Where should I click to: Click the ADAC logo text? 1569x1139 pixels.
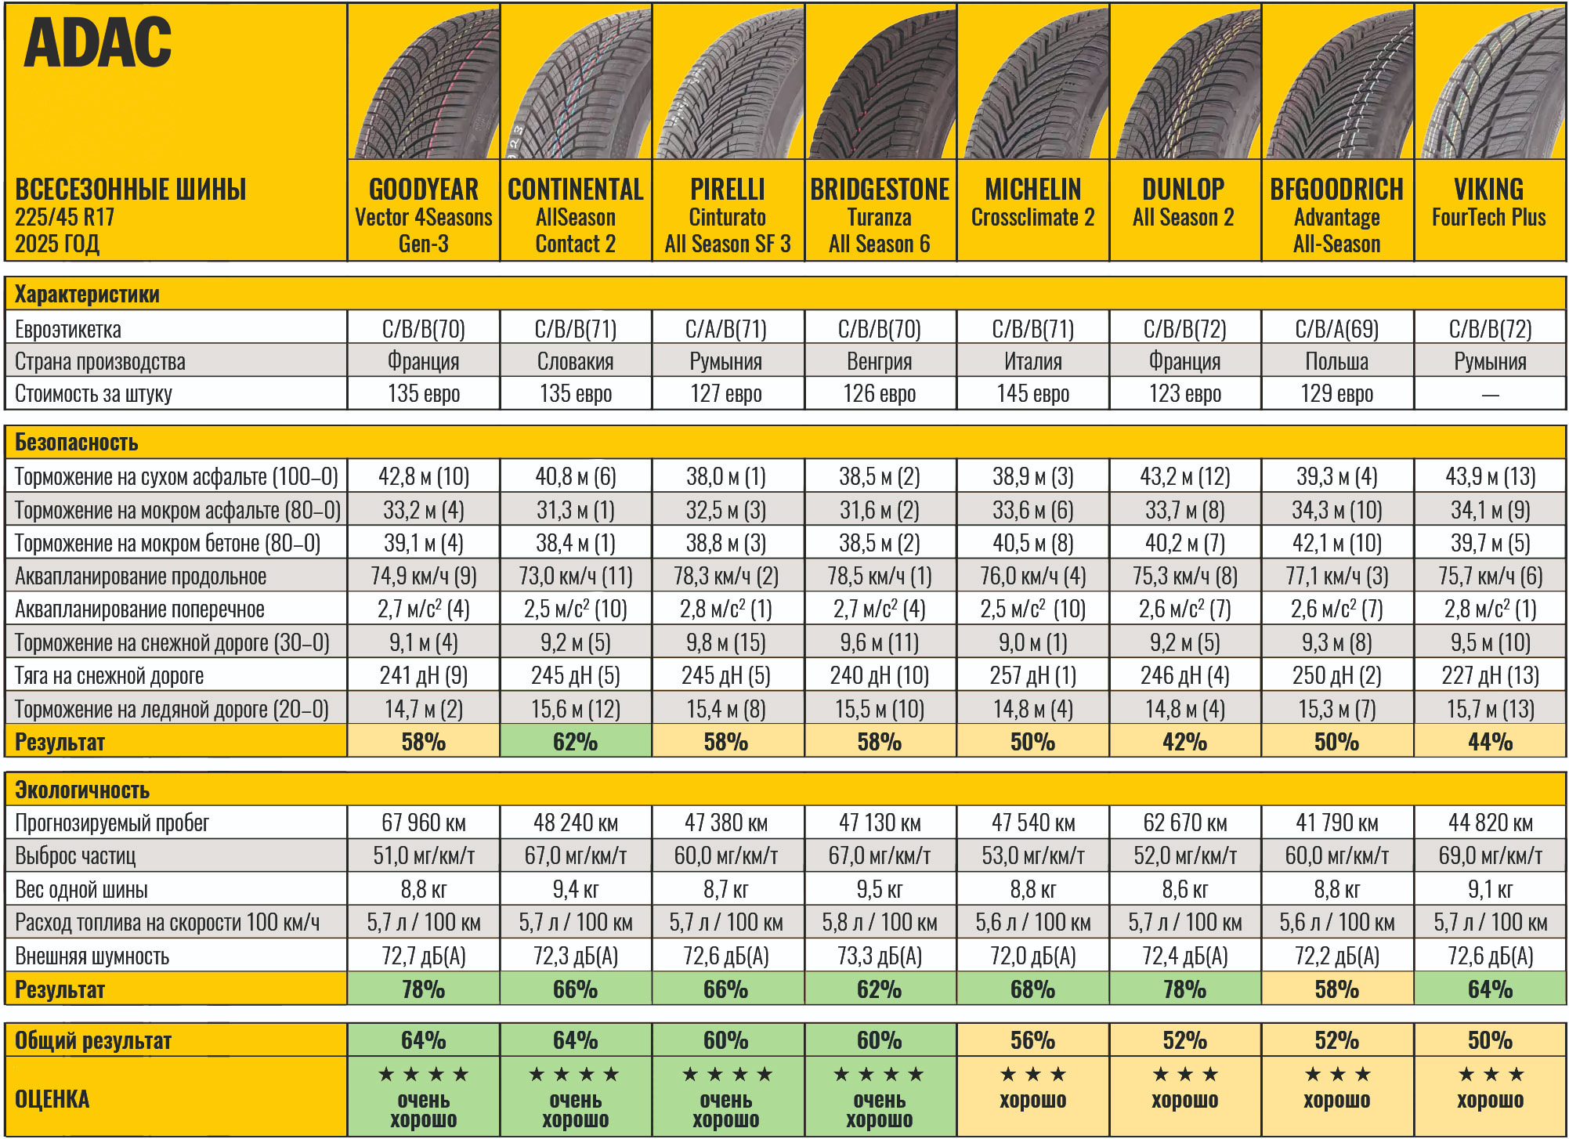coord(98,43)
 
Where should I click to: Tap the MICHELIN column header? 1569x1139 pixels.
coord(1032,190)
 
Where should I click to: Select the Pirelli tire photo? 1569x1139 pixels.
coord(728,82)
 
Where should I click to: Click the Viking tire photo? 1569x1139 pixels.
coord(1490,82)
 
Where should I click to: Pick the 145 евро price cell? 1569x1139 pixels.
coord(1032,393)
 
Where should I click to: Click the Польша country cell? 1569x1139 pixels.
coord(1336,361)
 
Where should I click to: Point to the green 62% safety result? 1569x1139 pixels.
coord(575,741)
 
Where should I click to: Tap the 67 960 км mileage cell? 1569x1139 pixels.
coord(423,823)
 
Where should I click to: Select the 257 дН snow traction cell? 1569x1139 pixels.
coord(1032,675)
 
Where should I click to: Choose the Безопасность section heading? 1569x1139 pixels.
coord(77,443)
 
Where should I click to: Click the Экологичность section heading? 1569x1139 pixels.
coord(82,790)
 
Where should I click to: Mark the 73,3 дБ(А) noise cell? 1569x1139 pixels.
coord(879,956)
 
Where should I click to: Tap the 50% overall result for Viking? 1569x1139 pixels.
coord(1490,1040)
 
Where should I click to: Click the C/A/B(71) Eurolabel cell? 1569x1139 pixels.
coord(726,329)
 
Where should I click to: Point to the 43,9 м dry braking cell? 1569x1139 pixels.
coord(1490,476)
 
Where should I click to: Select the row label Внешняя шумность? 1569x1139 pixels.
coord(92,956)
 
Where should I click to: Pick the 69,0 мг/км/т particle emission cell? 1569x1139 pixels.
coord(1490,855)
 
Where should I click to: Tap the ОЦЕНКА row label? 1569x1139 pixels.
coord(52,1098)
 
